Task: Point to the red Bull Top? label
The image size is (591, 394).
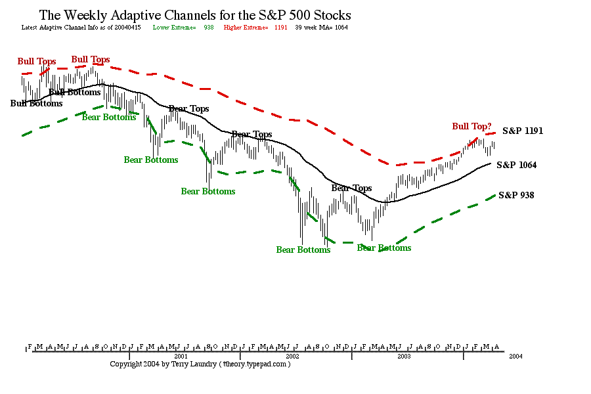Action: tap(471, 126)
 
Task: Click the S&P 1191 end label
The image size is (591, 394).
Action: tap(523, 131)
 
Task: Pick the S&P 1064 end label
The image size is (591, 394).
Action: tap(517, 165)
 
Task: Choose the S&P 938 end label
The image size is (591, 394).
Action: tap(516, 195)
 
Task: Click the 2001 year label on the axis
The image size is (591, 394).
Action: tap(181, 356)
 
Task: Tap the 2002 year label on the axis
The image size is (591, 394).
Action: tap(293, 356)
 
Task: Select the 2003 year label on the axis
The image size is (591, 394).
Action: tap(404, 356)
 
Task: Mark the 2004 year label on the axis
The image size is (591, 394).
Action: tap(515, 356)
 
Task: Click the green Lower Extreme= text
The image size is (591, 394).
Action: tap(174, 28)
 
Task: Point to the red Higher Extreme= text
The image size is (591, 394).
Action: tap(246, 28)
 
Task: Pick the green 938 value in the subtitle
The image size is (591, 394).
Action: tap(209, 28)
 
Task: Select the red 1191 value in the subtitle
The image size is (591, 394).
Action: tap(281, 28)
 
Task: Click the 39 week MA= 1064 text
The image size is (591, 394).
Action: tap(321, 28)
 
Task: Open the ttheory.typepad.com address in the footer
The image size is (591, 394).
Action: tap(254, 364)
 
